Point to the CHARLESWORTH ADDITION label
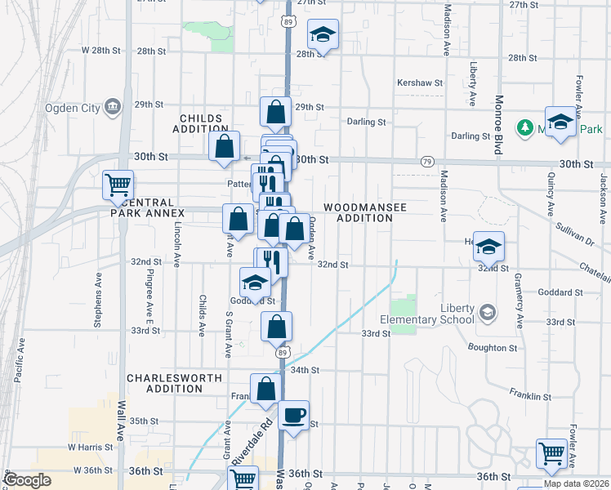(164, 383)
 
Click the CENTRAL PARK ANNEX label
(145, 207)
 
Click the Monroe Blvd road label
(497, 125)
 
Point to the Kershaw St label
(419, 83)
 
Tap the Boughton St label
(493, 348)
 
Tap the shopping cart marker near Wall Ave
(118, 185)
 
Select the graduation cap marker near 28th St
(323, 35)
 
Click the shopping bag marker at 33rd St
(277, 327)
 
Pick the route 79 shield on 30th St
(428, 162)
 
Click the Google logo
(29, 479)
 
